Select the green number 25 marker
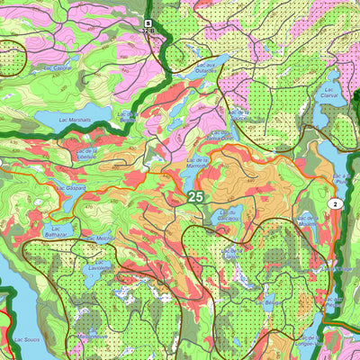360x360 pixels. pos(195,194)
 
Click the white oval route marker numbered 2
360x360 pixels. pos(335,204)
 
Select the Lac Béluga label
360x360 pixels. pos(271,304)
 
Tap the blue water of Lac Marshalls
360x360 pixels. pos(54,121)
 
